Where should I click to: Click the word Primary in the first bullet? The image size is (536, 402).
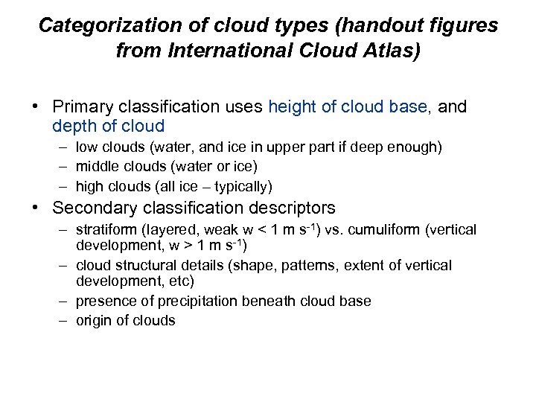(x=81, y=107)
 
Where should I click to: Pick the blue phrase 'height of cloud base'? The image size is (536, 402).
(x=346, y=107)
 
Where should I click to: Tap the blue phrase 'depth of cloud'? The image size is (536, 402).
(x=108, y=127)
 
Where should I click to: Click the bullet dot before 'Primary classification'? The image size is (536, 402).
(x=36, y=107)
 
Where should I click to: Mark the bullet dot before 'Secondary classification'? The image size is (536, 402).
(x=36, y=207)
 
